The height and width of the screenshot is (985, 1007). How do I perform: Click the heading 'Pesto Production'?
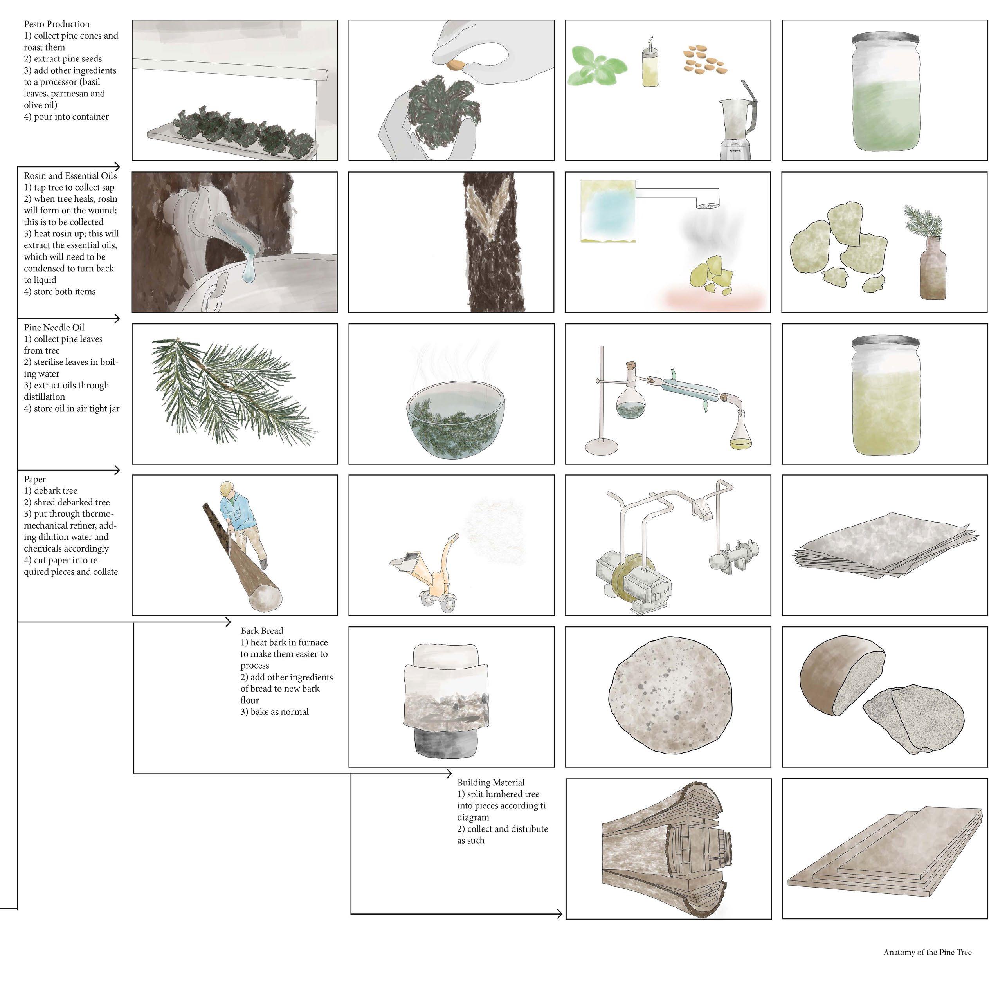click(x=56, y=24)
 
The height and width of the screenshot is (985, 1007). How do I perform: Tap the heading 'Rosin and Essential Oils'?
click(x=70, y=176)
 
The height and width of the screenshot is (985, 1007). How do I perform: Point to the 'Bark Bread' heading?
click(x=262, y=631)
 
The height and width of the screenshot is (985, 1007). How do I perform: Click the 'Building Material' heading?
click(x=491, y=783)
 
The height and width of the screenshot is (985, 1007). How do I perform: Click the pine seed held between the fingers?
click(x=457, y=65)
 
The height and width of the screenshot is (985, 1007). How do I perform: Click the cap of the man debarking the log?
click(x=227, y=488)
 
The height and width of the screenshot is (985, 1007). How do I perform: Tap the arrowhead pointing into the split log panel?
click(x=559, y=914)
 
